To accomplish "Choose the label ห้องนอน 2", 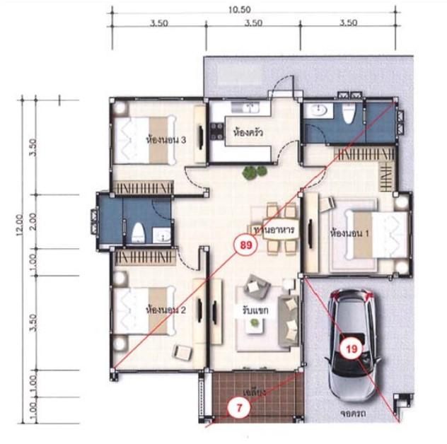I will [165, 310].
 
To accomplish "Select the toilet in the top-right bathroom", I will [348, 114].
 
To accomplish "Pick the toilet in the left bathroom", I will [139, 231].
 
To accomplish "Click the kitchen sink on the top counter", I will [251, 107].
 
